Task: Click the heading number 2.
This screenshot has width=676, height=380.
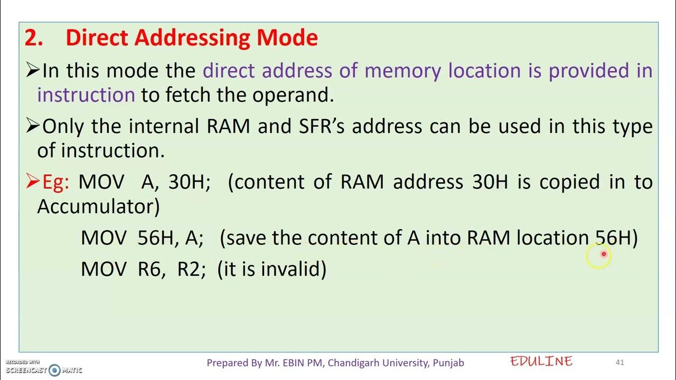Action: (x=33, y=38)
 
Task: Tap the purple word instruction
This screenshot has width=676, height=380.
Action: (x=86, y=95)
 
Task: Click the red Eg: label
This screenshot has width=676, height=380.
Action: (x=55, y=182)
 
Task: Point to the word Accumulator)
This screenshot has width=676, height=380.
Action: (x=98, y=206)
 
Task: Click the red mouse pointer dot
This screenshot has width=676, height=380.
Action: (x=604, y=254)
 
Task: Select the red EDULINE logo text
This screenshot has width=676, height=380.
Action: (x=541, y=362)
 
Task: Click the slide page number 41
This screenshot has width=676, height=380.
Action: (x=620, y=363)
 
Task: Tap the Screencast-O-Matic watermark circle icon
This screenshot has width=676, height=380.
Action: (x=54, y=370)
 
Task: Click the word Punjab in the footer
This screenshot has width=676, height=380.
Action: (x=448, y=363)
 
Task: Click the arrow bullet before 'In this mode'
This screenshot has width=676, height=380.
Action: (x=33, y=71)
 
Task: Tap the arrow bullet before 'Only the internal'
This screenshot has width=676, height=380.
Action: (x=33, y=126)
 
